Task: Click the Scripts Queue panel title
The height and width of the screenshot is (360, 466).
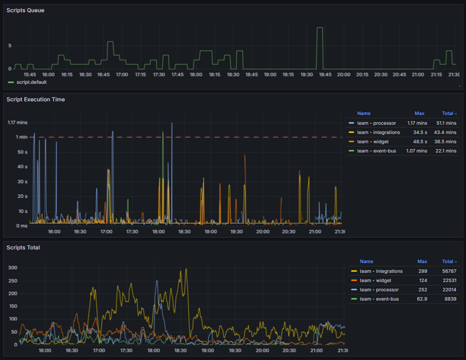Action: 25,10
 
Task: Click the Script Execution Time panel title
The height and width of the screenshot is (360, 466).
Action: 36,99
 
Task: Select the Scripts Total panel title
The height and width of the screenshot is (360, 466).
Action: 23,247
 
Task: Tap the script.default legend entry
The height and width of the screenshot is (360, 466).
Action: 31,82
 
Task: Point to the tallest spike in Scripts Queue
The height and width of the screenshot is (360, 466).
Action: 319,28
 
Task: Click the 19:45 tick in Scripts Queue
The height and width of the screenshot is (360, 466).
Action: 325,75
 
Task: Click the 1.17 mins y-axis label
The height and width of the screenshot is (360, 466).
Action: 18,122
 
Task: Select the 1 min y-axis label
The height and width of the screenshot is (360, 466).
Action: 21,137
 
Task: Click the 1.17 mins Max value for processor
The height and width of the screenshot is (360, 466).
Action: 417,123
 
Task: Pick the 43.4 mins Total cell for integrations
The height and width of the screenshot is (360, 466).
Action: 446,133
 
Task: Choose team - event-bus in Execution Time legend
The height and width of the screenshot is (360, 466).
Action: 376,151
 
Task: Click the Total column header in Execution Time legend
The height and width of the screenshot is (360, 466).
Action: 447,114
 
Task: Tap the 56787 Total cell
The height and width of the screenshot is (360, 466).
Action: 448,271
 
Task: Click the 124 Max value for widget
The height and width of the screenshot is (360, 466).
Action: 422,281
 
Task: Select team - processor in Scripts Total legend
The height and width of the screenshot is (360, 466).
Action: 379,290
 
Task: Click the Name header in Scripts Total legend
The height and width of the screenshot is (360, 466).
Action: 366,262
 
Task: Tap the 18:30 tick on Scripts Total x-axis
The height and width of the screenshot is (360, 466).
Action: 180,350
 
